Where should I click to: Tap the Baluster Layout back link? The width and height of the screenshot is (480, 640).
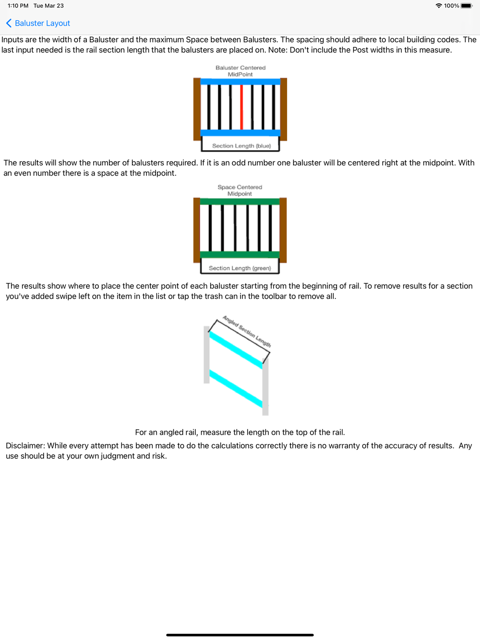pyautogui.click(x=38, y=24)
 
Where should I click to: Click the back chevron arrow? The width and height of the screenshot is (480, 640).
pyautogui.click(x=9, y=24)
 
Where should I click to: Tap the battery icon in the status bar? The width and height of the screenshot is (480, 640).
pyautogui.click(x=467, y=6)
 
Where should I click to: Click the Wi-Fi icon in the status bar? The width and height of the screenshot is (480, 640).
pyautogui.click(x=439, y=6)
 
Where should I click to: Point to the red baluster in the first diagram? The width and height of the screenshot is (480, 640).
pyautogui.click(x=241, y=107)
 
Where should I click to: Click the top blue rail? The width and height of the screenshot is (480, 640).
pyautogui.click(x=240, y=82)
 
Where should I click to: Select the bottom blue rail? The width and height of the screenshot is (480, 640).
pyautogui.click(x=240, y=133)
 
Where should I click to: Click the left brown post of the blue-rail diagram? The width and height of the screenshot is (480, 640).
pyautogui.click(x=197, y=109)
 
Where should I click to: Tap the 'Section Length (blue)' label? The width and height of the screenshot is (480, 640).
pyautogui.click(x=241, y=146)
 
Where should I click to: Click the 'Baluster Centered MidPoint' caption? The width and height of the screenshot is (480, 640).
pyautogui.click(x=240, y=71)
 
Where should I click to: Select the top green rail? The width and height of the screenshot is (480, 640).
pyautogui.click(x=240, y=201)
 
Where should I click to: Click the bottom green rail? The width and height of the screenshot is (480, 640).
pyautogui.click(x=240, y=255)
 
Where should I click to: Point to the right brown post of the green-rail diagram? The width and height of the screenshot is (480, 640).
pyautogui.click(x=283, y=230)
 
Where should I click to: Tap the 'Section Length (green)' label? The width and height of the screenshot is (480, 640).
pyautogui.click(x=240, y=268)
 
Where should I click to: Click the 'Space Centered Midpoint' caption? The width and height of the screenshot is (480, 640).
pyautogui.click(x=240, y=190)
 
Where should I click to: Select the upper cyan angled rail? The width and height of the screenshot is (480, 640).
pyautogui.click(x=236, y=351)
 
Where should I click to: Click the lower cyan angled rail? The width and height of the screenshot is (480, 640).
pyautogui.click(x=236, y=389)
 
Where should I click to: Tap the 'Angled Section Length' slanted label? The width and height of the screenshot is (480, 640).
pyautogui.click(x=247, y=331)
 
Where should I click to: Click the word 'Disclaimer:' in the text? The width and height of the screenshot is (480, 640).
pyautogui.click(x=25, y=446)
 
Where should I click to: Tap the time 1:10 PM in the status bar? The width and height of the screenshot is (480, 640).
pyautogui.click(x=18, y=6)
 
